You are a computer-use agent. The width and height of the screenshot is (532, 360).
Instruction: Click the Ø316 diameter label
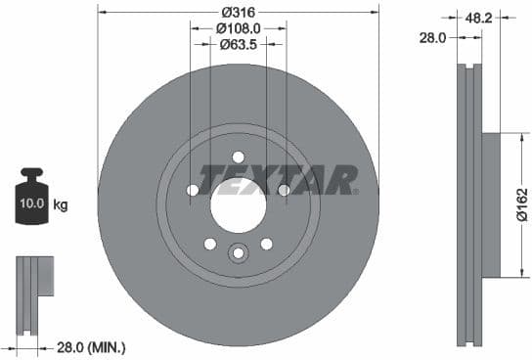tap(239, 11)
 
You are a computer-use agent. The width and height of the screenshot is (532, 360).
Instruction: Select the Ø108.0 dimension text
tap(238, 27)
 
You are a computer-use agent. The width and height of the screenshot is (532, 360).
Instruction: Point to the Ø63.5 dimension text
tap(238, 44)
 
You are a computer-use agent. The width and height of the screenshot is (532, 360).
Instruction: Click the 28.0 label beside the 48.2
tap(431, 37)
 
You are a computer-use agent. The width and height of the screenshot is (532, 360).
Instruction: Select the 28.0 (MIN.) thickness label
tap(93, 347)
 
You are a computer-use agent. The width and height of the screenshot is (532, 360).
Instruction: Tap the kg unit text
tap(61, 205)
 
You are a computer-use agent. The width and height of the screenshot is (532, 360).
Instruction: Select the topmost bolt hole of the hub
tap(239, 157)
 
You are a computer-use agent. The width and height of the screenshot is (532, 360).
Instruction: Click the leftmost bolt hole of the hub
tap(193, 190)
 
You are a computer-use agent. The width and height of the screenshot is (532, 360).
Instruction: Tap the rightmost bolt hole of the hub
tap(284, 190)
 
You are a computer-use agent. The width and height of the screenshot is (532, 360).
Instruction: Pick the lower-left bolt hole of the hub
tap(209, 244)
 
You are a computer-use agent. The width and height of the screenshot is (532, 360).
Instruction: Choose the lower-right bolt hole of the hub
tap(266, 244)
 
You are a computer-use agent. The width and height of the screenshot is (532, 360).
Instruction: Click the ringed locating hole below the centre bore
tap(238, 254)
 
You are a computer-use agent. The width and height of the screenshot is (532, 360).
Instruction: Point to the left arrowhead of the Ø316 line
tap(102, 12)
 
